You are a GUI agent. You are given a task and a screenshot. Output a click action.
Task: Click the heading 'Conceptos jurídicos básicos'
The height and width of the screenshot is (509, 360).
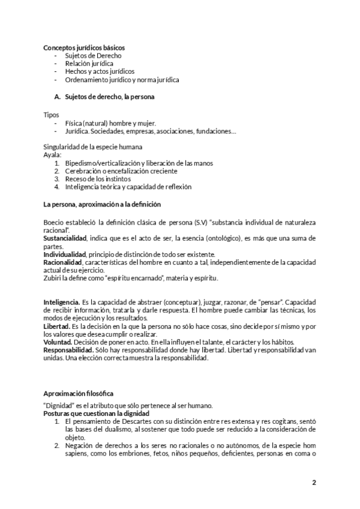tap(84, 47)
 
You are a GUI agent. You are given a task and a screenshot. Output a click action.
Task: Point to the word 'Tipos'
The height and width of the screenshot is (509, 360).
tap(51, 114)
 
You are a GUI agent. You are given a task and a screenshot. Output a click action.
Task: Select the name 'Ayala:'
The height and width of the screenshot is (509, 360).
tap(53, 155)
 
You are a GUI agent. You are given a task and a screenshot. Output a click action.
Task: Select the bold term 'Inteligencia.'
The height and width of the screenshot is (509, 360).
tap(62, 301)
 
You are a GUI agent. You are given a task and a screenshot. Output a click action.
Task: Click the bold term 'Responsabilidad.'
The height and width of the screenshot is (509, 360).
tap(68, 350)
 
